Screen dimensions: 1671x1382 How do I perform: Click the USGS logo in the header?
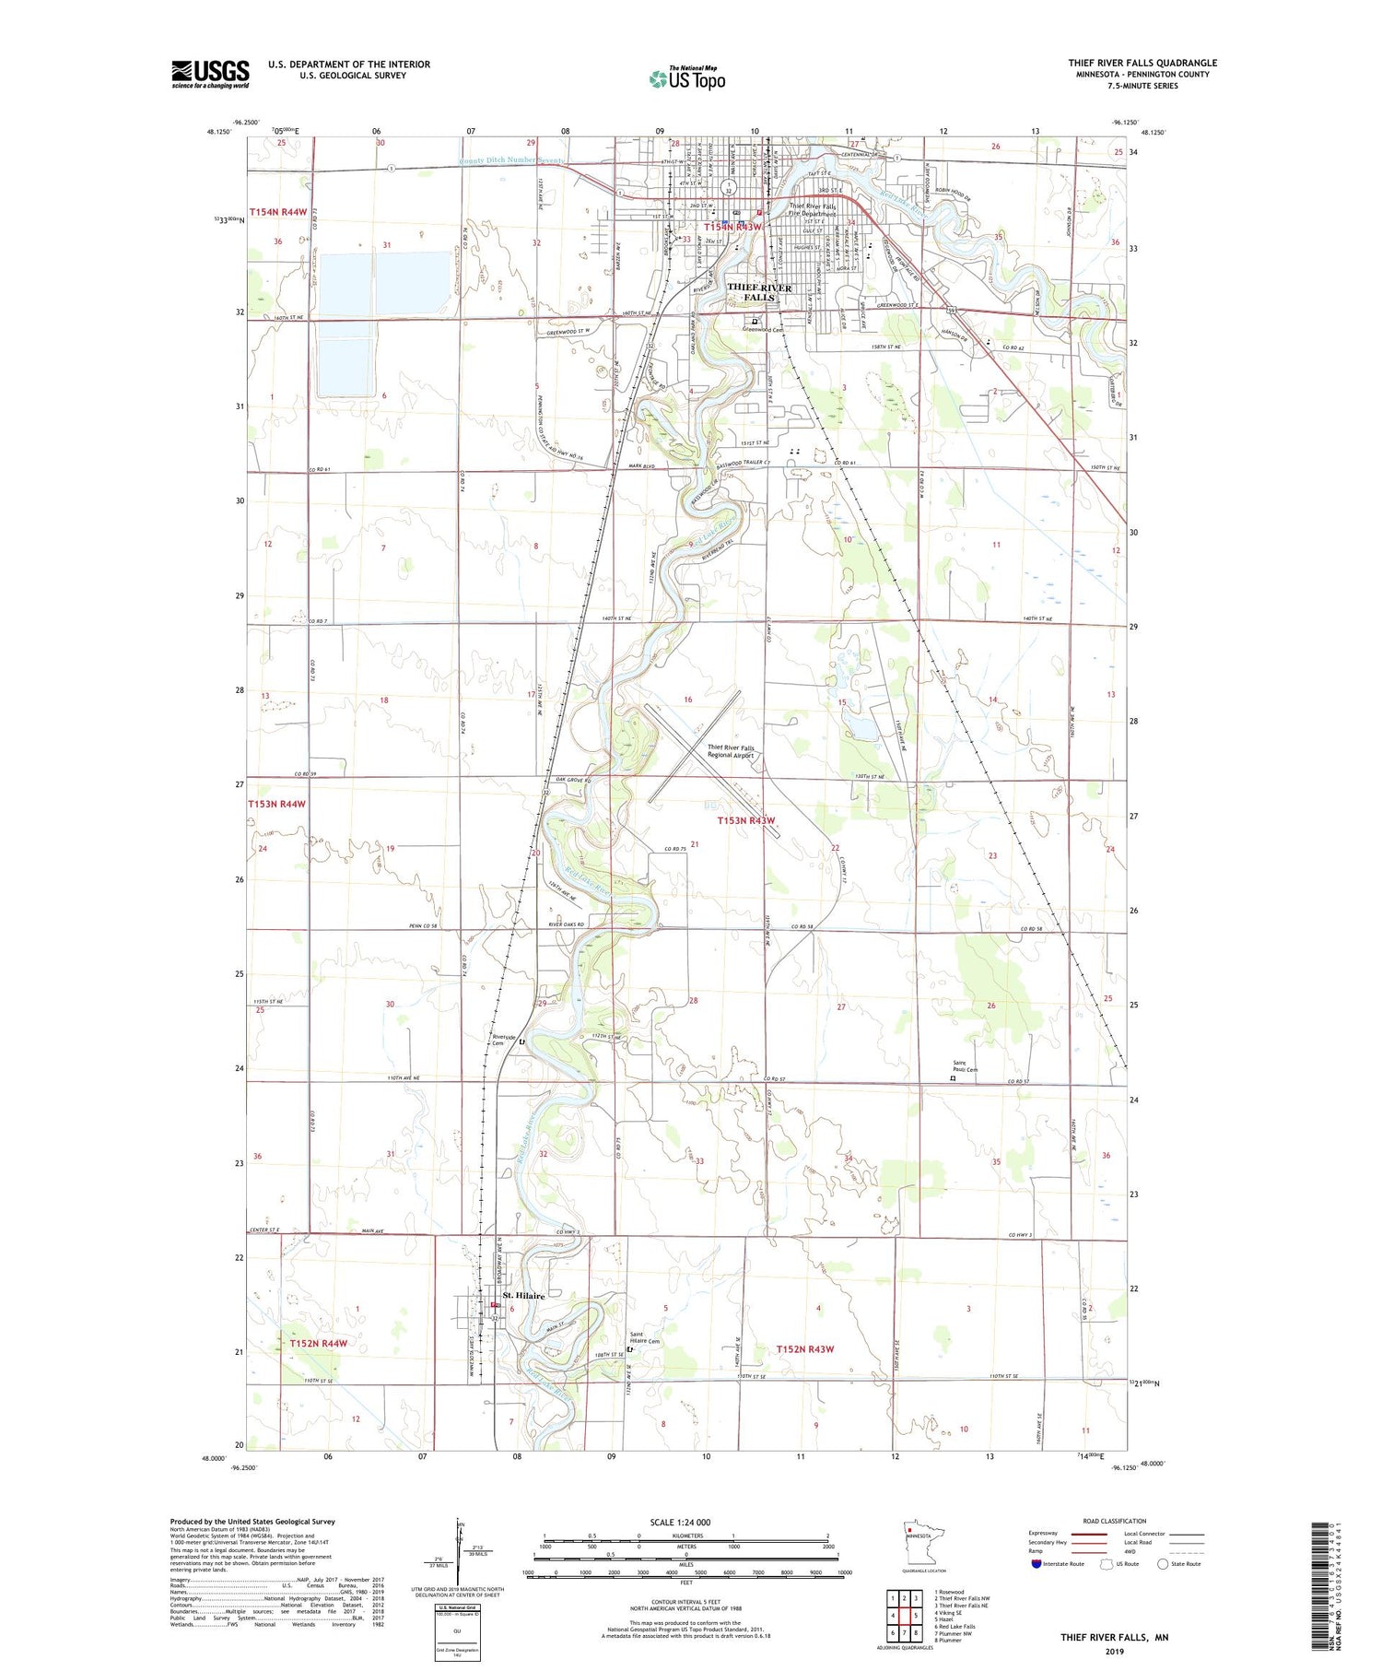click(210, 74)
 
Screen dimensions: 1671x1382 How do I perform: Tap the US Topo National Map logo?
click(686, 78)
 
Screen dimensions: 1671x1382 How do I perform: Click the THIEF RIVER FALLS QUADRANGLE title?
click(1142, 63)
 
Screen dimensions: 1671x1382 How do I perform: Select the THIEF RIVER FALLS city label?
click(759, 292)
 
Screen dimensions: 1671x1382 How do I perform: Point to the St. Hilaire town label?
click(523, 1295)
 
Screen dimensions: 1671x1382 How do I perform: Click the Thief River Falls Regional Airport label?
click(731, 751)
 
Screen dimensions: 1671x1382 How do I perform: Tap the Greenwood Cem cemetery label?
click(764, 329)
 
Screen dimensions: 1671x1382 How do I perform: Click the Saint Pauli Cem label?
click(965, 1066)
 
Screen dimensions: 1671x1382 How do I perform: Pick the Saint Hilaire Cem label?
click(645, 1337)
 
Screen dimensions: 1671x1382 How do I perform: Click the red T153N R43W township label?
click(746, 820)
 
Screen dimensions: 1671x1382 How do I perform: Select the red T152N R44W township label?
click(318, 1344)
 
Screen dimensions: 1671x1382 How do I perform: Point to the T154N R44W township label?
click(277, 212)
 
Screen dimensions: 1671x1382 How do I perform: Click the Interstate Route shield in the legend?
click(1036, 1564)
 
